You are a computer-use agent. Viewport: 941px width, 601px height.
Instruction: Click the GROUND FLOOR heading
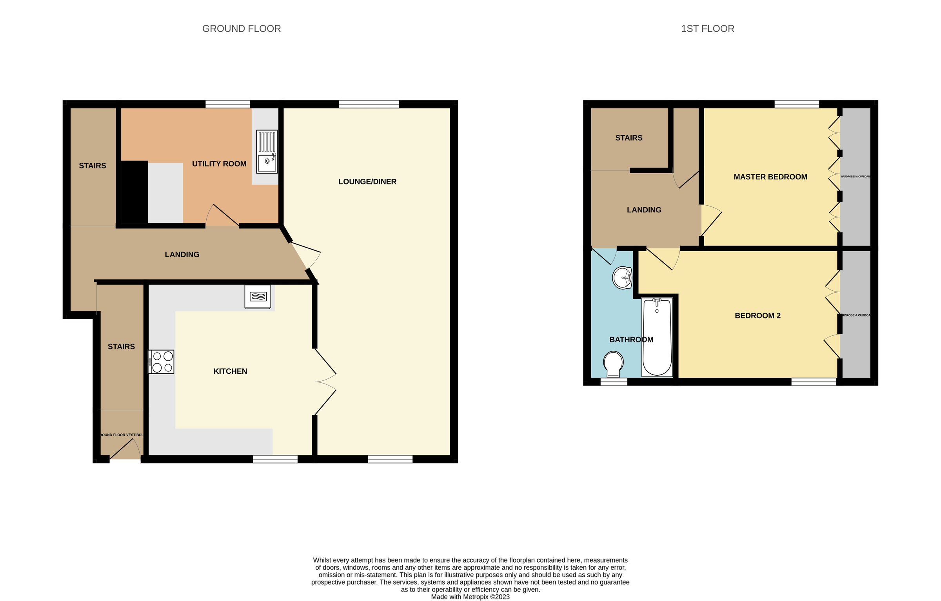[x=242, y=29]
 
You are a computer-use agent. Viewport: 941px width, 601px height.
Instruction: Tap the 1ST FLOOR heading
[x=707, y=29]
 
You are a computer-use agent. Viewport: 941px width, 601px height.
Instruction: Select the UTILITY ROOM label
[x=219, y=164]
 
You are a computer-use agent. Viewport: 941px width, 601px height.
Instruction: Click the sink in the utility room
[x=267, y=152]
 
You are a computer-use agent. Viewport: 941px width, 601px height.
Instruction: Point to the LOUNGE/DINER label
[x=367, y=182]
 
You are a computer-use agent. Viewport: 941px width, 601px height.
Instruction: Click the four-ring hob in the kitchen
[x=161, y=362]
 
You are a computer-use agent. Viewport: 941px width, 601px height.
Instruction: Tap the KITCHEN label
[x=230, y=371]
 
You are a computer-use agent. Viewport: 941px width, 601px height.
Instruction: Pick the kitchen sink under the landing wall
[x=258, y=297]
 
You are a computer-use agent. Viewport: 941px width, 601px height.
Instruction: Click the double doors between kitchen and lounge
[x=325, y=382]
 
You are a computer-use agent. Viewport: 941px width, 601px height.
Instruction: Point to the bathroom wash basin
[x=622, y=278]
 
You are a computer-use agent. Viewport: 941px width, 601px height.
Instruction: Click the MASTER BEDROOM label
[x=770, y=177]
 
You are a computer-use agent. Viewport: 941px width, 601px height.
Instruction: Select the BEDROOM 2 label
[x=758, y=316]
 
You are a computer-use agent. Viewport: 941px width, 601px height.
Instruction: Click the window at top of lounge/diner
[x=369, y=104]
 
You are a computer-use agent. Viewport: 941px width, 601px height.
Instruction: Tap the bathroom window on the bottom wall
[x=614, y=382]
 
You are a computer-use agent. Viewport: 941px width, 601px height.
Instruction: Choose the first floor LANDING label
[x=644, y=210]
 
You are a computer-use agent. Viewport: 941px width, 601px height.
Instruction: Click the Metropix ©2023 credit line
[x=470, y=597]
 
